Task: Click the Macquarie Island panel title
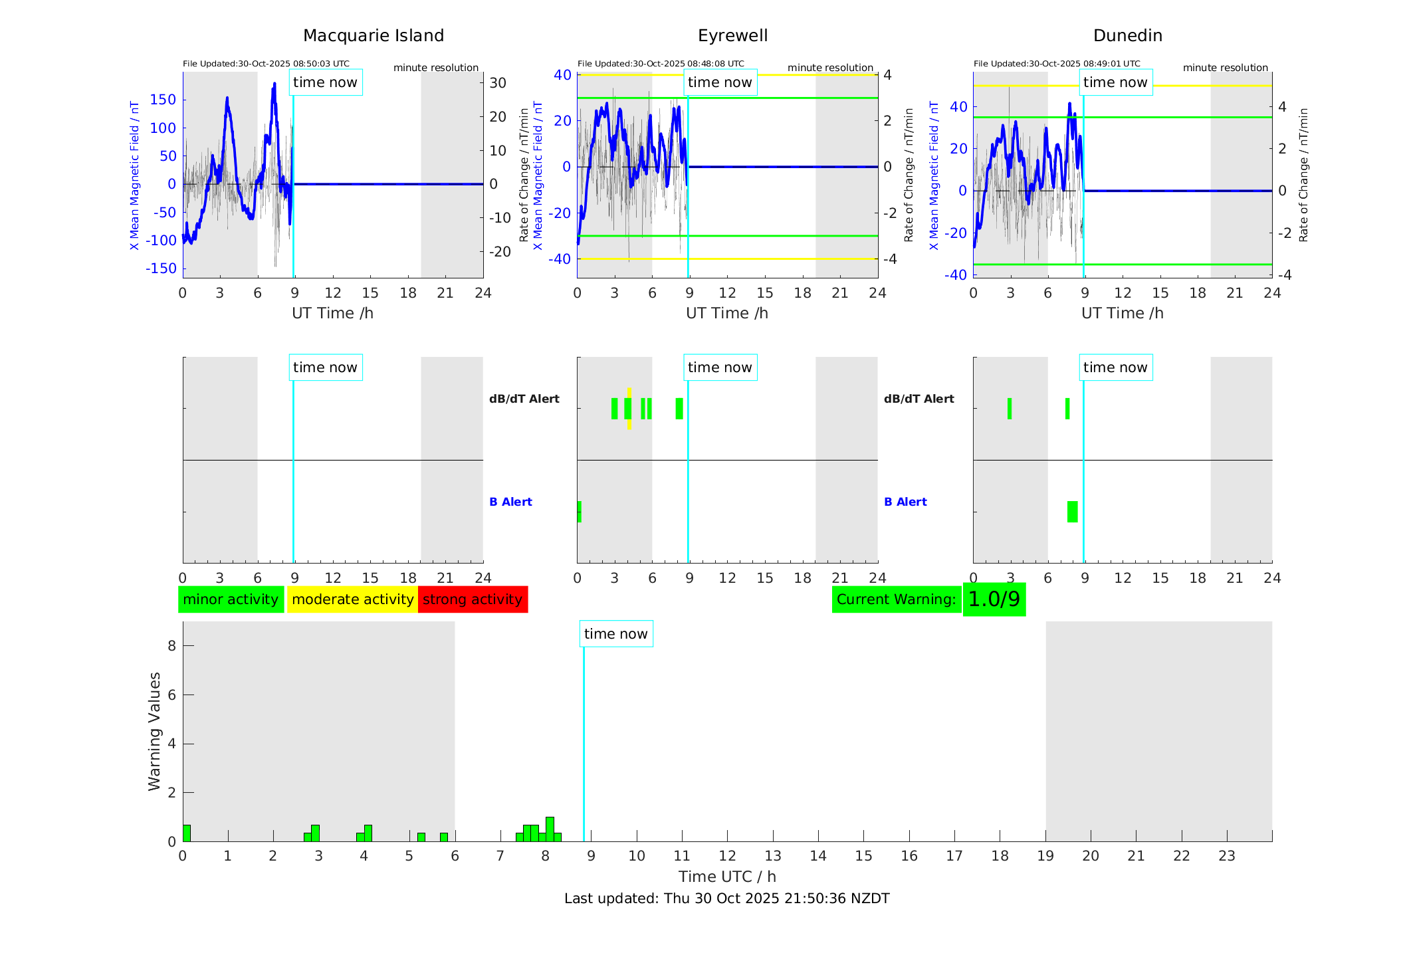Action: coord(373,36)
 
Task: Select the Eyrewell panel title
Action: coord(732,36)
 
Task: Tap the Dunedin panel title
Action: coord(1127,36)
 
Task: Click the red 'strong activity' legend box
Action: coord(473,599)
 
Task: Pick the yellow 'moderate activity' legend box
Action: coord(352,599)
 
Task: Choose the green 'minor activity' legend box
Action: coord(231,599)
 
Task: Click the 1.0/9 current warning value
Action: coord(994,599)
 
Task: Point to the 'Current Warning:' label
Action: coord(896,599)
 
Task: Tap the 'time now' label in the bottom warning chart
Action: coord(615,634)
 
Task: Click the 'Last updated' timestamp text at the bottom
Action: coord(726,899)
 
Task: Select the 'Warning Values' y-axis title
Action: coord(155,731)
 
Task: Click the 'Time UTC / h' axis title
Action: coord(726,877)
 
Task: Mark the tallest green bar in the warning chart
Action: coord(550,829)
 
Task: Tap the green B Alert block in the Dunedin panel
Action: coord(1072,512)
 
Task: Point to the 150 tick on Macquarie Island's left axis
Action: coord(163,100)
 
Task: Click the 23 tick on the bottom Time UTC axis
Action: coord(1226,856)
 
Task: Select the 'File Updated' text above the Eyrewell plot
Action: coord(661,64)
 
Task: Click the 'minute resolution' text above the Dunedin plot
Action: coord(1225,68)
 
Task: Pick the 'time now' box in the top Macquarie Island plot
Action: coord(325,82)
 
